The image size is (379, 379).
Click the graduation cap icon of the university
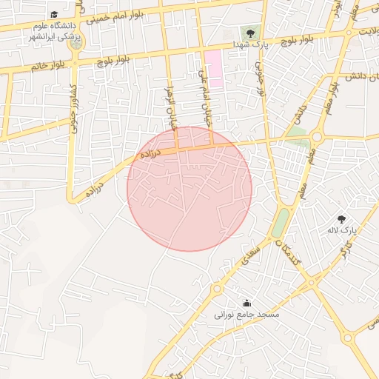click(x=54, y=15)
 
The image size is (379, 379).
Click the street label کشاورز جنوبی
click(x=74, y=110)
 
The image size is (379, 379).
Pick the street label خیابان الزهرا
click(x=171, y=108)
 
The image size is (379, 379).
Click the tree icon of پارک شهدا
click(x=249, y=32)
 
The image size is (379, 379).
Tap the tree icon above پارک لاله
click(x=341, y=219)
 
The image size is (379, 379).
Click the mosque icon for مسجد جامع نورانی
click(x=246, y=303)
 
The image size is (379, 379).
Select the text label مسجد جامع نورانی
click(x=246, y=315)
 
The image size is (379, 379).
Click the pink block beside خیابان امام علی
click(x=213, y=67)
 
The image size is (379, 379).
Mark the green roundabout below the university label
click(x=76, y=44)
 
